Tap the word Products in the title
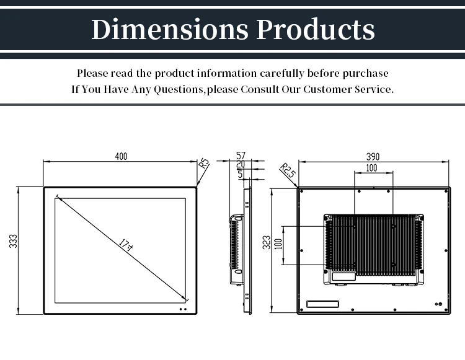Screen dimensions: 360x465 pos(316,29)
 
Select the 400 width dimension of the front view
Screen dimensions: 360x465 pos(121,157)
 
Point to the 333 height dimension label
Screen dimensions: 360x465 pos(13,242)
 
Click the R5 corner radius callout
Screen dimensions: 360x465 pos(204,164)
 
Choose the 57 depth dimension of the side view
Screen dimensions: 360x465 pos(241,156)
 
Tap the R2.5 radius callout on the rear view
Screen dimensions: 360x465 pos(287,170)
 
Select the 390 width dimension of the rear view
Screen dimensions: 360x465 pos(373,157)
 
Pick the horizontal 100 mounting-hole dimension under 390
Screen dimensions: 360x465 pos(371,168)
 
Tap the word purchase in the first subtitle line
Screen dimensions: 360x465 pos(366,74)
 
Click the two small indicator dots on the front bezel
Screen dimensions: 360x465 pos(182,309)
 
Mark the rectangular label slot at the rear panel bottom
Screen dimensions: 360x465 pos(323,304)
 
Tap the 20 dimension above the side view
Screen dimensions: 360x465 pos(241,165)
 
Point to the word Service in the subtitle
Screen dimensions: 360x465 pos(371,89)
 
